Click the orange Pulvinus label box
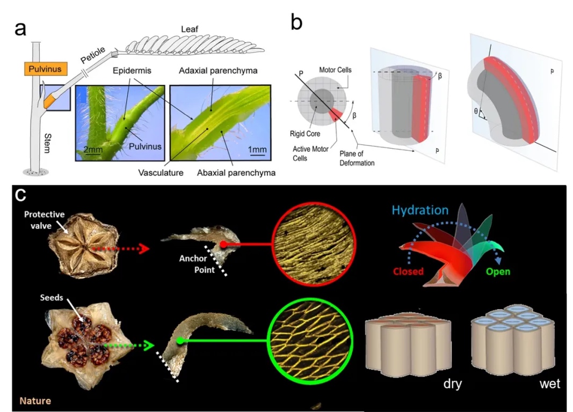pyautogui.click(x=43, y=69)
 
